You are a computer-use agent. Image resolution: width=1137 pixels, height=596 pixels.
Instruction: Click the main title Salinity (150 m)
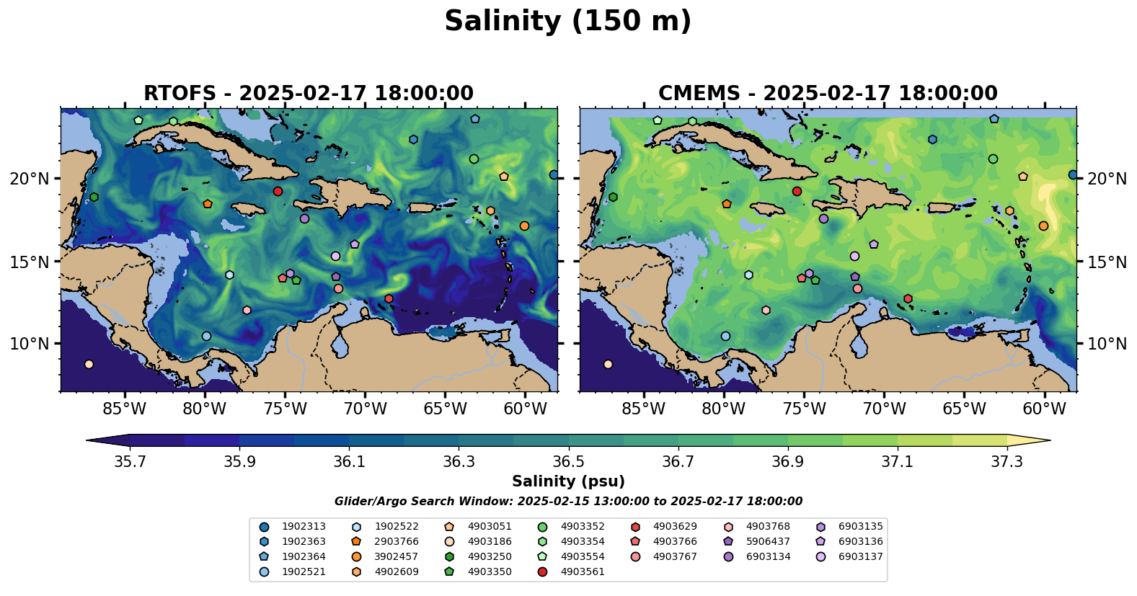pos(567,22)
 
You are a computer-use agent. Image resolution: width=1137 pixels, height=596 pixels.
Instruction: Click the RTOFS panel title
pos(309,94)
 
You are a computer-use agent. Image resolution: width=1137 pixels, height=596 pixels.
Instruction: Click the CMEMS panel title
pos(828,94)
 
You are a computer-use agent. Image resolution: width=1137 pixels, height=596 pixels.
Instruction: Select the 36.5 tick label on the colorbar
pos(568,461)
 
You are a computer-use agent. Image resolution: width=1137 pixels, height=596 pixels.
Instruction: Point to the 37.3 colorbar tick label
pos(1007,461)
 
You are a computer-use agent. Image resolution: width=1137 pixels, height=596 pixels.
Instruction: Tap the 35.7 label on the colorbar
pos(130,461)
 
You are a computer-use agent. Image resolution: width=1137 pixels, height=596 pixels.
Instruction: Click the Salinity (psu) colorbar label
pos(568,481)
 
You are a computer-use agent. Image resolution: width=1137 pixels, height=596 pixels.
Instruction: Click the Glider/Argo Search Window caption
pos(568,502)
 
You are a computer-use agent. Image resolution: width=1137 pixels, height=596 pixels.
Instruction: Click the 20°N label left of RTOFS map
pos(30,179)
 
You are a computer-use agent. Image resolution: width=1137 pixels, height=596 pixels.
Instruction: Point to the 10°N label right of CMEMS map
pos(1107,344)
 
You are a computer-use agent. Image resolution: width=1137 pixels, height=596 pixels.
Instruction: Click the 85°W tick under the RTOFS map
pos(125,409)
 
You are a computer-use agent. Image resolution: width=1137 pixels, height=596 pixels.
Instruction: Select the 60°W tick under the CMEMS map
pos(1044,409)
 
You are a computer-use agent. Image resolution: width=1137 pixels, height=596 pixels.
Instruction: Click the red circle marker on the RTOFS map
pos(278,192)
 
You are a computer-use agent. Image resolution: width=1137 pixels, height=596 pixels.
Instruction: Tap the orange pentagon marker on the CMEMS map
pos(726,204)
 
